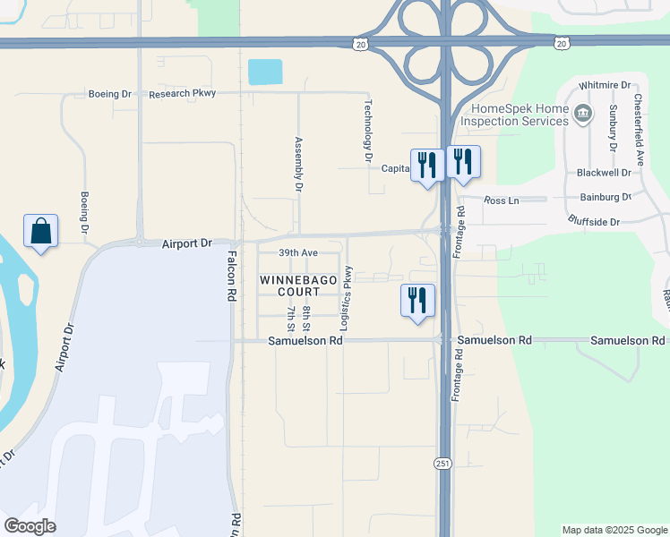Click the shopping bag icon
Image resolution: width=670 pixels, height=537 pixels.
[40, 231]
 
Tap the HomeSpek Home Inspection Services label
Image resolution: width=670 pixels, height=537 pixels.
[514, 114]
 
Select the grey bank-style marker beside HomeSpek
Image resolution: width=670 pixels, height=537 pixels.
[583, 113]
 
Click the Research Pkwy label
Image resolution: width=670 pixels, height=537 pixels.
[183, 94]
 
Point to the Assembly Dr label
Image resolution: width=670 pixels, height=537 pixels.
[299, 165]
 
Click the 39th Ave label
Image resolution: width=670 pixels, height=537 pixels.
[297, 253]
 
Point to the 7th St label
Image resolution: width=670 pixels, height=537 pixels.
[291, 318]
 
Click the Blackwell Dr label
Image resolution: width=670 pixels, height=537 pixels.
[605, 173]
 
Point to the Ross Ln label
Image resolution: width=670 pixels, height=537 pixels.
[501, 201]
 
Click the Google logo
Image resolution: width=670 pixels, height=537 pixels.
[30, 526]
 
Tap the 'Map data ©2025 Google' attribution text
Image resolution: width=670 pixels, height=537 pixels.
[614, 530]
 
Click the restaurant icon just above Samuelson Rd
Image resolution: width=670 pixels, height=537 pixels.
[417, 301]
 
